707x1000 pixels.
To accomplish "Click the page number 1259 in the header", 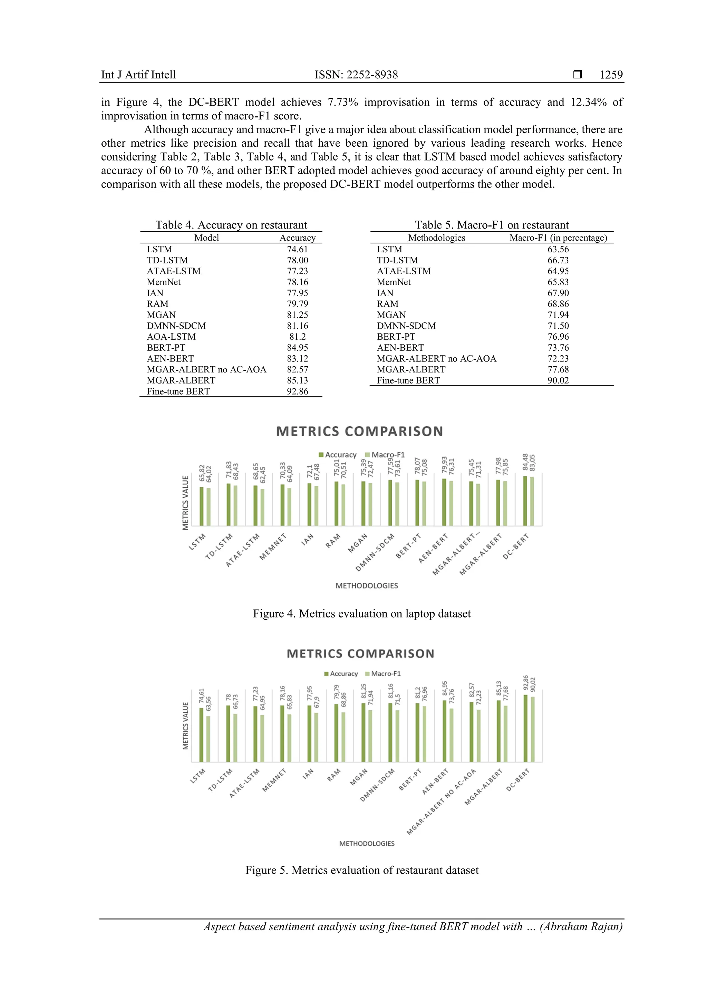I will (611, 75).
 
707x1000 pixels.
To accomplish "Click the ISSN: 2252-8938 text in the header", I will (356, 75).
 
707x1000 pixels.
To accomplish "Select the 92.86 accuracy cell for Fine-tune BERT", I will (297, 391).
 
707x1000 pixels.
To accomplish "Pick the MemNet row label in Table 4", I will (163, 282).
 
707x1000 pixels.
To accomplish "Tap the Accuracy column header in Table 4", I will (297, 238).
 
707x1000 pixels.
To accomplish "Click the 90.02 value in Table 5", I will (558, 380).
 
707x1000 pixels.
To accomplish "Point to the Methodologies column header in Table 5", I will (436, 238).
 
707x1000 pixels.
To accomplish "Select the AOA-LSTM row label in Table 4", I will (171, 337).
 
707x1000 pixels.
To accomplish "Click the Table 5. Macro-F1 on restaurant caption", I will (491, 225).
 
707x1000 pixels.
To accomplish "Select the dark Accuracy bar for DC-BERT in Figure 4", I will (525, 501).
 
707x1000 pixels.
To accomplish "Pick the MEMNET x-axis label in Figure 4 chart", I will (273, 547).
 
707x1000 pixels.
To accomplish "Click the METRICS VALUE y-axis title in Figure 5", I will (186, 726).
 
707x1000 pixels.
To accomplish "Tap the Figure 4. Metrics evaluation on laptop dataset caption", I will (361, 614).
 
